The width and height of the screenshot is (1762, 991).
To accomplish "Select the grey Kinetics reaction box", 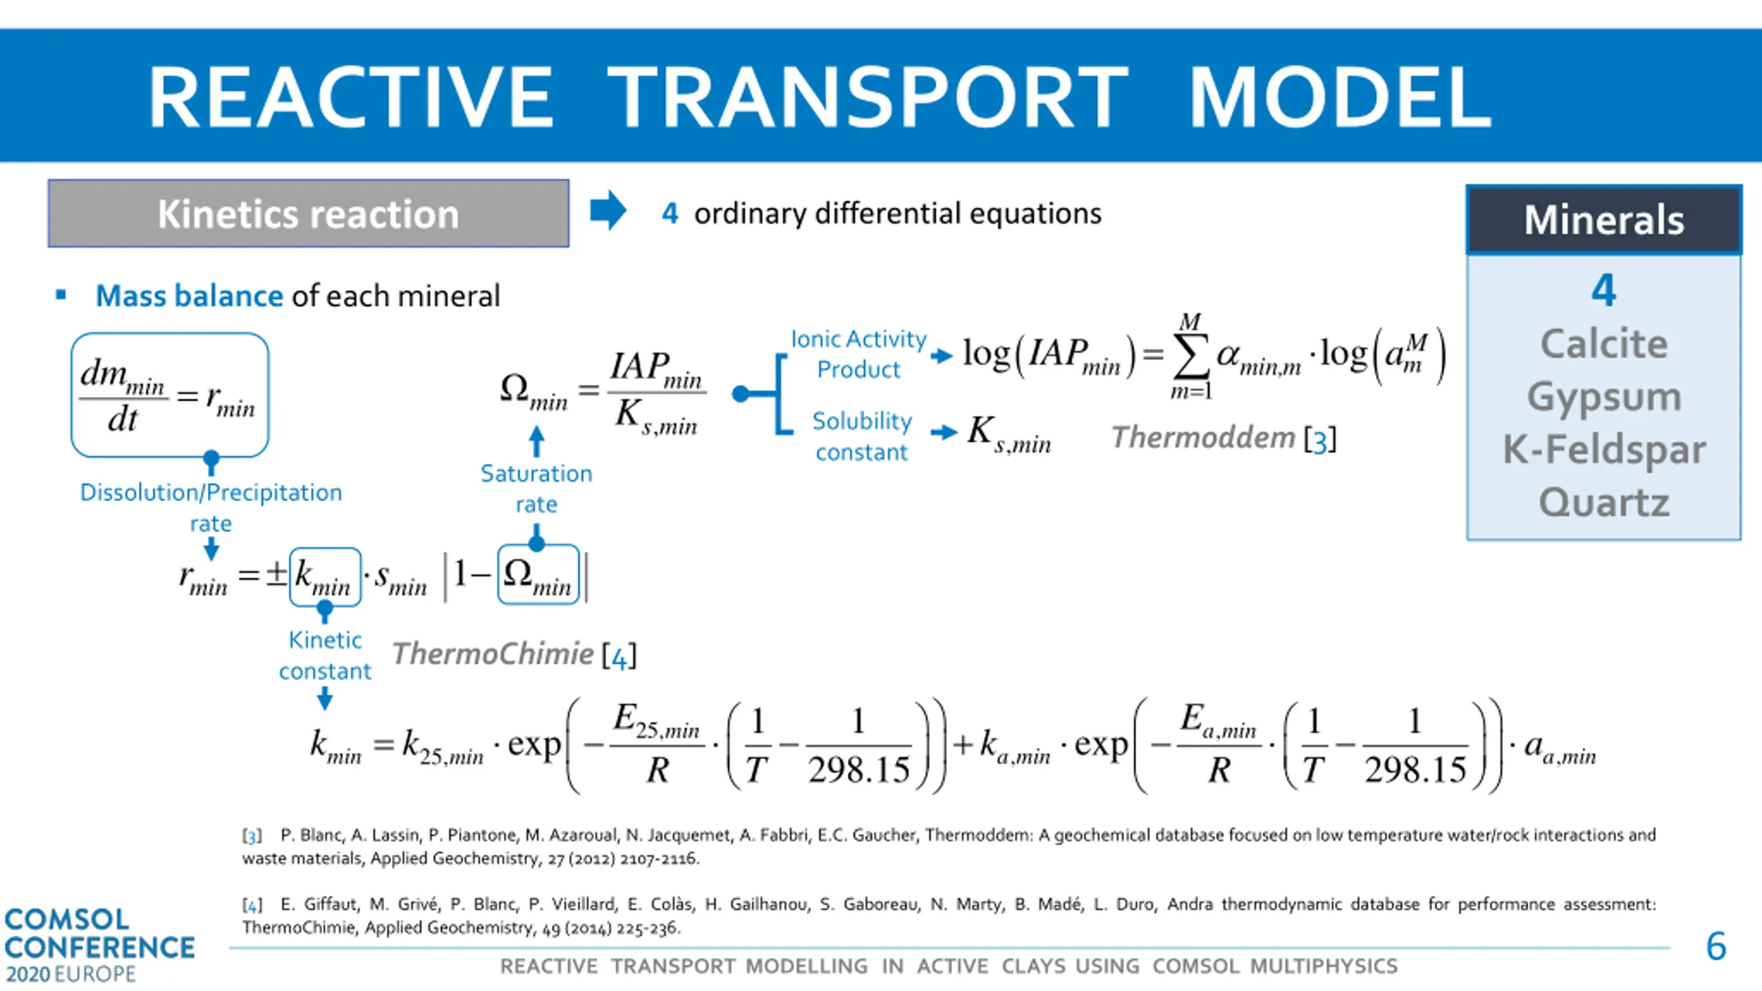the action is coord(308,213).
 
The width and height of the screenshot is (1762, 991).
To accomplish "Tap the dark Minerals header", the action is coord(1604,220).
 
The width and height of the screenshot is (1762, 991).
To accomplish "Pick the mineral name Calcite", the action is coord(1604,344).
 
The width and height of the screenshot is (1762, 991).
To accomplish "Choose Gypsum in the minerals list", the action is coord(1604,397).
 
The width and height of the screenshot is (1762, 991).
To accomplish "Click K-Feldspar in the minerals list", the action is coord(1604,449).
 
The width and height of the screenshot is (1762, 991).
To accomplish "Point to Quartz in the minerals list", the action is coord(1604,502).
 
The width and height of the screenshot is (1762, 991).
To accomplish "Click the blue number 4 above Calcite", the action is coord(1604,290).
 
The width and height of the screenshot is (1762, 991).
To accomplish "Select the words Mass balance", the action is coord(189,296).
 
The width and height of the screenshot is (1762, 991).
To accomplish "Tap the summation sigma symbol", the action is coord(1191,356).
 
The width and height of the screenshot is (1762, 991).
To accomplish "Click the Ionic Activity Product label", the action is coord(858,354).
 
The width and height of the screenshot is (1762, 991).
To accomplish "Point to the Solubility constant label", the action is coord(862,436).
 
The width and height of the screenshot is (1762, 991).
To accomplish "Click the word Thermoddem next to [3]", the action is coord(1203,438).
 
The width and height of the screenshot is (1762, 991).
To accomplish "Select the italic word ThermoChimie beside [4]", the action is coord(493,654).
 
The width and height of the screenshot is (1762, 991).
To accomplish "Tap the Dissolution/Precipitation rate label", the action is coord(211,507).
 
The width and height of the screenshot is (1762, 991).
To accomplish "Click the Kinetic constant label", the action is coord(325,655).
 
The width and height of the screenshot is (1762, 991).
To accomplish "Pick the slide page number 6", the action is coord(1716,946).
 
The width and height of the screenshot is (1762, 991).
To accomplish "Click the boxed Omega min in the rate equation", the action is coord(538,575).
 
